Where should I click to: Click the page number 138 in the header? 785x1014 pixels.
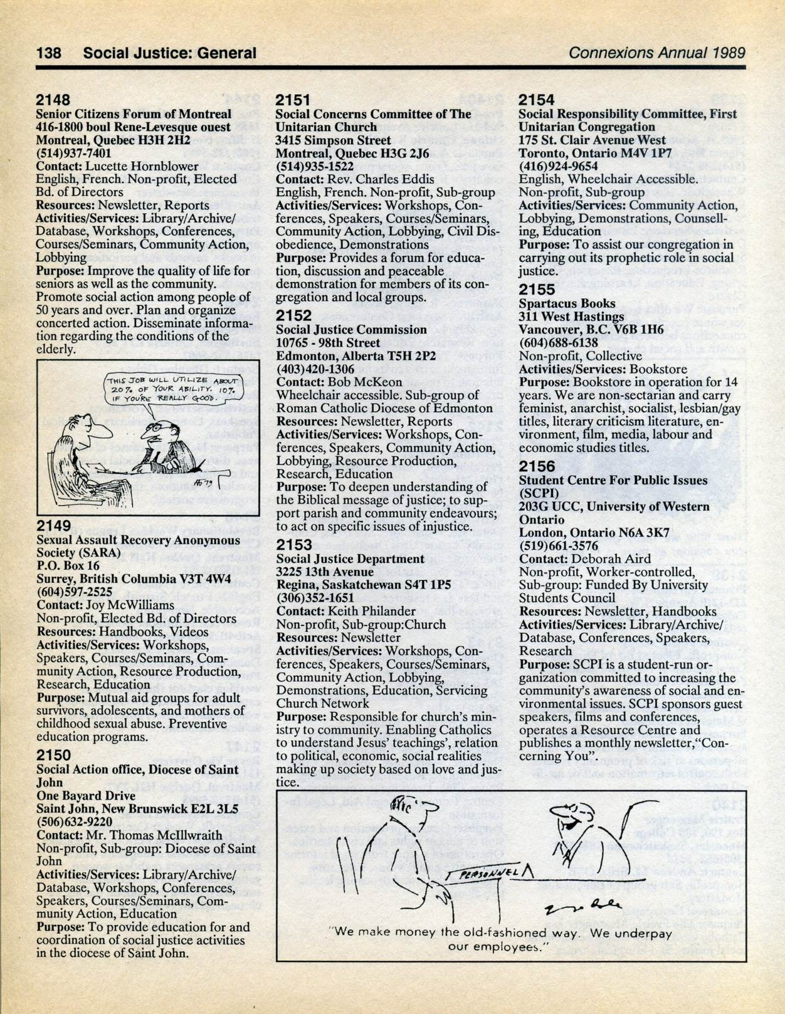tap(49, 53)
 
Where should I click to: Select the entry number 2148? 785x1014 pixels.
tap(53, 100)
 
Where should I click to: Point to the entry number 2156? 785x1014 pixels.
tap(537, 466)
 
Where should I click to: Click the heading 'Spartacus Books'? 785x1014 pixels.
tap(558, 303)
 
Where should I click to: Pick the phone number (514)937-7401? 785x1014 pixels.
tap(74, 153)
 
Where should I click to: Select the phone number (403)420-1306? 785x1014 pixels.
tap(315, 368)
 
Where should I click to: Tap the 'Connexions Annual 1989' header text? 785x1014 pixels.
tap(656, 53)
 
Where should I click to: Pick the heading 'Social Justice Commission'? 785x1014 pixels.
tap(351, 330)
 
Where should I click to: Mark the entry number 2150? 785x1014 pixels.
tap(54, 755)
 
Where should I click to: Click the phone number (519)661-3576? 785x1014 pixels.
tap(558, 545)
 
